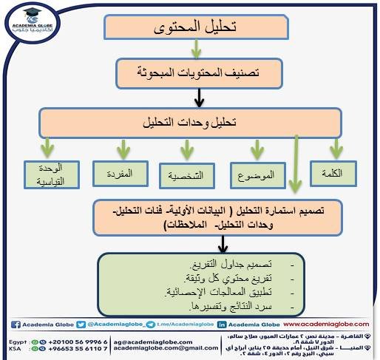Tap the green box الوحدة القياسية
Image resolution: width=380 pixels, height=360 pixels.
click(50, 175)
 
